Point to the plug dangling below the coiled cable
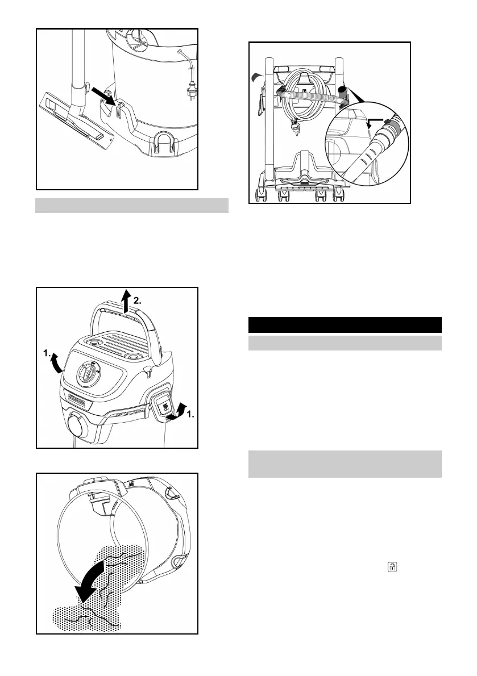tap(294, 132)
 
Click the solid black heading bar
tap(345, 324)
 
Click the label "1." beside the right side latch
tap(192, 415)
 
